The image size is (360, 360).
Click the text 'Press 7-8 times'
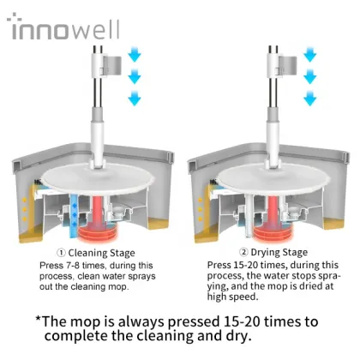pyautogui.click(x=81, y=265)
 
